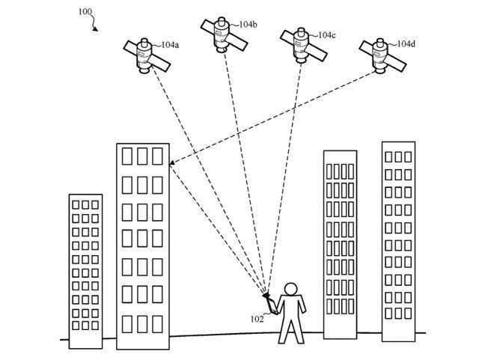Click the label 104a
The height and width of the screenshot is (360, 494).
pyautogui.click(x=170, y=45)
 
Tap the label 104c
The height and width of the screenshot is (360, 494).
pyautogui.click(x=326, y=34)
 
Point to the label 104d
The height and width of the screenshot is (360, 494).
pyautogui.click(x=405, y=44)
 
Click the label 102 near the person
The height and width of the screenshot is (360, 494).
pyautogui.click(x=257, y=318)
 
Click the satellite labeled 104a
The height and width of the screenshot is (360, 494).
pyautogui.click(x=144, y=54)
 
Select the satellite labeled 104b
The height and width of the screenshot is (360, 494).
pyautogui.click(x=221, y=32)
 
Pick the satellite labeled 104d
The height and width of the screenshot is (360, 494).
pyautogui.click(x=380, y=55)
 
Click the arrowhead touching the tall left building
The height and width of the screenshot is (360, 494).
pyautogui.click(x=173, y=163)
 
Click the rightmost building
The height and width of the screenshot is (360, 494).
pyautogui.click(x=398, y=240)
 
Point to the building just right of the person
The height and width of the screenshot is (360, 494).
pyautogui.click(x=340, y=243)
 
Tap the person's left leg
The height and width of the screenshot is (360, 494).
pyautogui.click(x=284, y=330)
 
